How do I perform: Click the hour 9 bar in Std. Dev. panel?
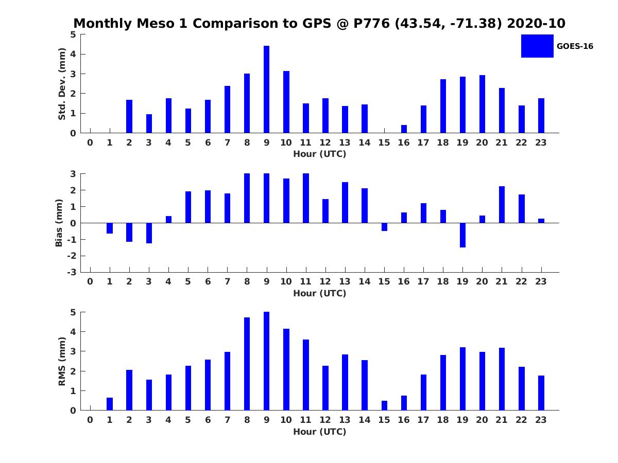coord(266,90)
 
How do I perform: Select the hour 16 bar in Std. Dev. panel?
coord(404,129)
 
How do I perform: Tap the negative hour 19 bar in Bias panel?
coord(462,235)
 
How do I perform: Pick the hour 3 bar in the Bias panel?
coord(149,233)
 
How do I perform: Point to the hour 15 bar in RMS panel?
coord(384,405)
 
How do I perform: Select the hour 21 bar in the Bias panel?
coord(502,205)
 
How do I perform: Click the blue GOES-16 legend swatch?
coord(537,46)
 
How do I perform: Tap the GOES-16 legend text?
coord(575,46)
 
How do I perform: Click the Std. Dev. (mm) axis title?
coord(62,84)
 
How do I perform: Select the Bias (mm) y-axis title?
coord(59,223)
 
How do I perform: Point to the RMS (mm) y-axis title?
coord(62,361)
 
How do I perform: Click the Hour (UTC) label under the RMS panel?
coord(319,432)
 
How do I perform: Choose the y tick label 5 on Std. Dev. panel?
coord(74,34)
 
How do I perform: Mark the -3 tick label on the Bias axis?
coord(72,272)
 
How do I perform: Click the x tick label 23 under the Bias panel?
coord(541,281)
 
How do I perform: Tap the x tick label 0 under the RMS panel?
coord(90,420)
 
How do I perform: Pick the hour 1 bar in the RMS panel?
coord(110,404)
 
